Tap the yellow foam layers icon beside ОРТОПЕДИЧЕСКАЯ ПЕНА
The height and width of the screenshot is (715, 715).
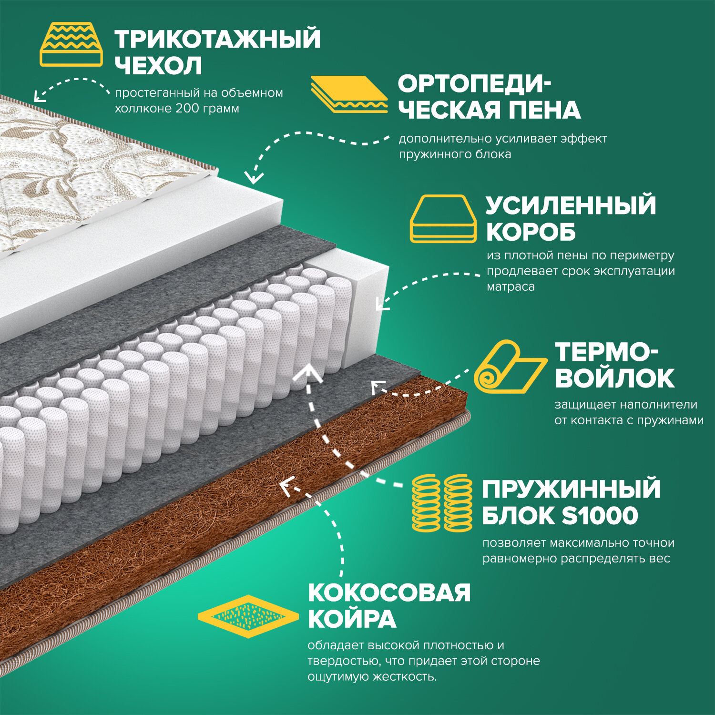click(x=349, y=94)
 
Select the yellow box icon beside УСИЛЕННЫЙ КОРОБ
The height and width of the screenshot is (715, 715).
click(x=443, y=219)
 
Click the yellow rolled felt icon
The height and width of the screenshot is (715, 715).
click(x=510, y=367)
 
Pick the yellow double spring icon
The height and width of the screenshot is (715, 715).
click(x=442, y=502)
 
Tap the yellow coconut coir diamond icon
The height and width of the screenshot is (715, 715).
click(x=248, y=616)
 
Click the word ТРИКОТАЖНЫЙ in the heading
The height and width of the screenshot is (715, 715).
click(x=217, y=39)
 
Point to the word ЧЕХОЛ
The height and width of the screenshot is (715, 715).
click(x=158, y=66)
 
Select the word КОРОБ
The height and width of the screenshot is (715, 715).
click(x=531, y=232)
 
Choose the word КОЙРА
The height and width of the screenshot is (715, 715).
click(x=352, y=619)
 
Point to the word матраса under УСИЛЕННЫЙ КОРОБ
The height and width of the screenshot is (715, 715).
click(x=511, y=286)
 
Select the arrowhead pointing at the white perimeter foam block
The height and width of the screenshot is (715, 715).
click(x=381, y=304)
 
